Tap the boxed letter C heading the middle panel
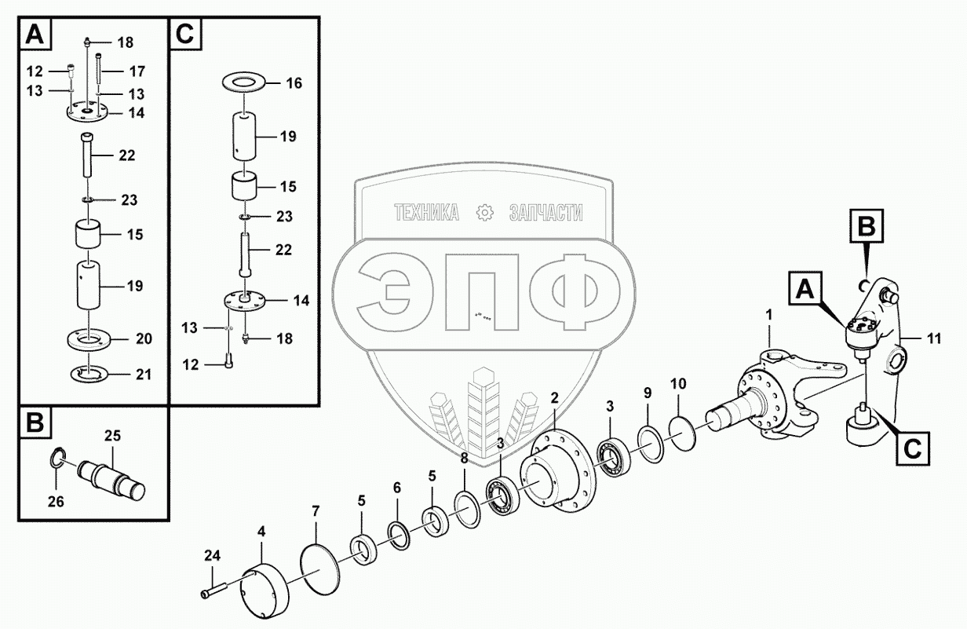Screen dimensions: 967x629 (x=185, y=35)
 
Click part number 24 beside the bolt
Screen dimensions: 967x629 (x=212, y=556)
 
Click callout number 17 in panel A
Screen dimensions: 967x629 (x=137, y=71)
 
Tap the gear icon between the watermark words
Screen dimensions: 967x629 (x=484, y=212)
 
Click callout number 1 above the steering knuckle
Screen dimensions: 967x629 (x=769, y=316)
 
